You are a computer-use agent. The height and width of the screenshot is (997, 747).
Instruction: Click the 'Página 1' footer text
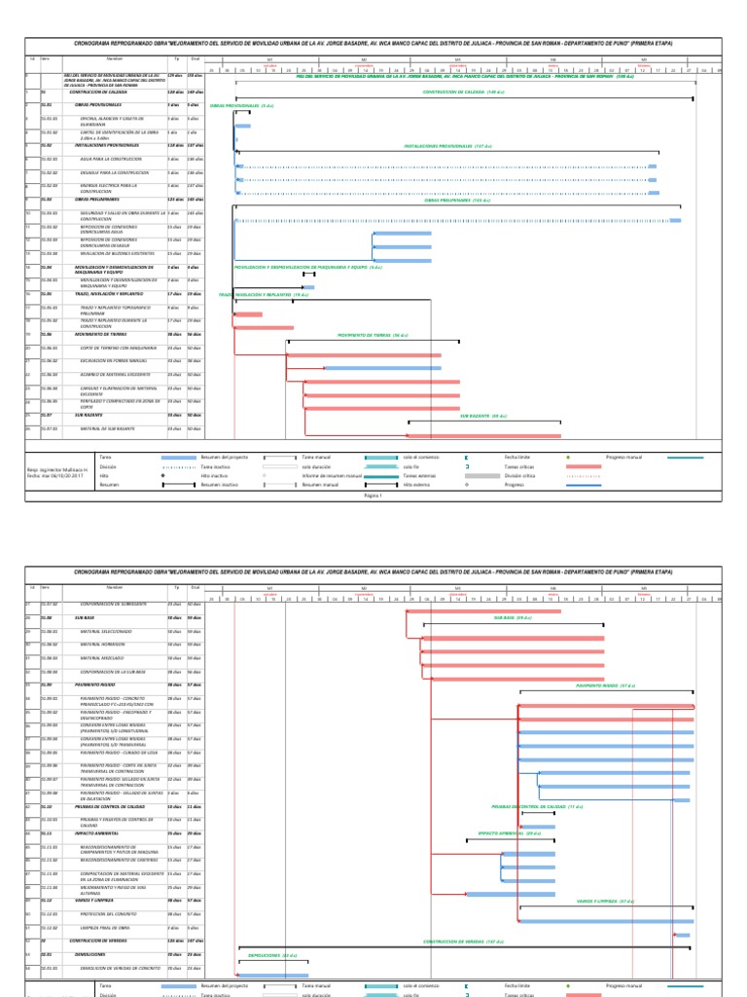point(375,495)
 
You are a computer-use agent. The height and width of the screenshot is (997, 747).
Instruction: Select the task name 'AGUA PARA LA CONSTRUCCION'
point(106,159)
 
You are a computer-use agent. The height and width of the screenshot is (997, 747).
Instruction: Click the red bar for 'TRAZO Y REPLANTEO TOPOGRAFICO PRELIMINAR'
point(248,314)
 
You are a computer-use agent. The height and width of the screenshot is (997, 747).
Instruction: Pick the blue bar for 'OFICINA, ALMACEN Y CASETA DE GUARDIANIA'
point(243,126)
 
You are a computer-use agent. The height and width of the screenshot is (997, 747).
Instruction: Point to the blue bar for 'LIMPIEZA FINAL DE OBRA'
point(683,935)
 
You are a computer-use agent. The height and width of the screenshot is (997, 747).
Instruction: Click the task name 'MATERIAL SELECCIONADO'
point(105,631)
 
